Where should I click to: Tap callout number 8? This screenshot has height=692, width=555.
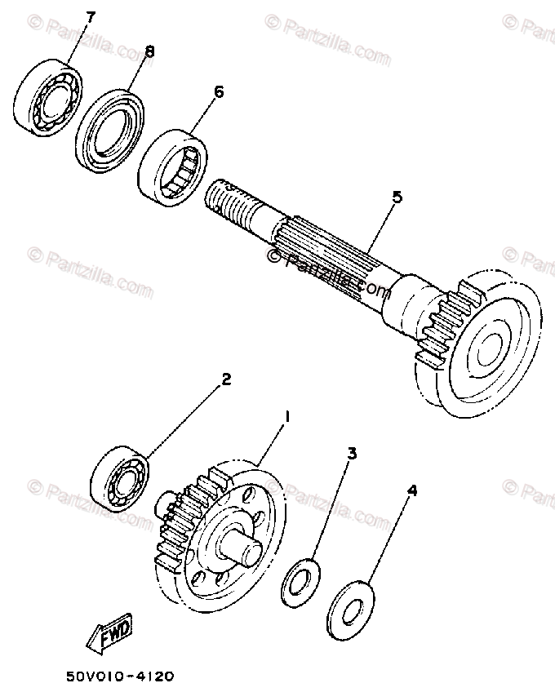(148, 51)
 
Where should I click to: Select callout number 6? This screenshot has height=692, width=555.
(218, 91)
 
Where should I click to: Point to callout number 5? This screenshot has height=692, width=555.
(397, 197)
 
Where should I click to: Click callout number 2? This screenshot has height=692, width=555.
(226, 379)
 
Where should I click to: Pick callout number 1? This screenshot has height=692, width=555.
(286, 417)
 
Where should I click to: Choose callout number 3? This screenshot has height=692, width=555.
(352, 455)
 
